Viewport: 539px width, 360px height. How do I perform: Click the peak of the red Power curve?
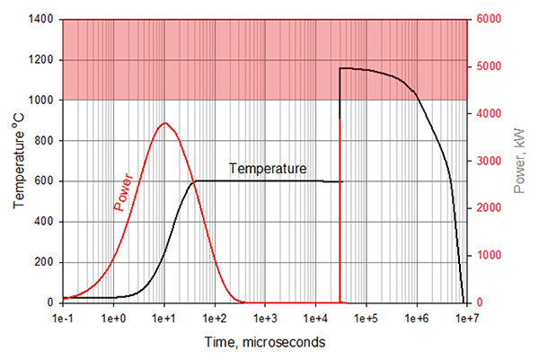click(164, 123)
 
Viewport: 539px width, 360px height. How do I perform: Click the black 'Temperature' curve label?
click(268, 168)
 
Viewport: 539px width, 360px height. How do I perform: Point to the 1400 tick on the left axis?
click(42, 20)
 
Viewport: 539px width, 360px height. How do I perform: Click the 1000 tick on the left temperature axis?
click(42, 101)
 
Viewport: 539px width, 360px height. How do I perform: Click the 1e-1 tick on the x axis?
click(62, 318)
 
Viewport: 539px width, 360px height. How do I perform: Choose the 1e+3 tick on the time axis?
click(265, 318)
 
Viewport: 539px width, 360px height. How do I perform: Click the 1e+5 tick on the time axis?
click(366, 318)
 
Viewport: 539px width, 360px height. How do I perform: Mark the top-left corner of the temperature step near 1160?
click(340, 68)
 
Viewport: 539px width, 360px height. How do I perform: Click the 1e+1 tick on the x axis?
click(163, 318)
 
